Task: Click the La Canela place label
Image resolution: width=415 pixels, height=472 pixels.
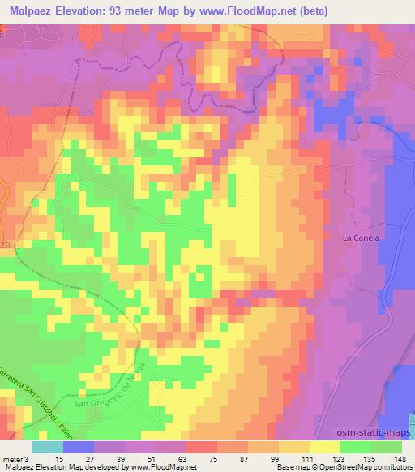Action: coord(362,238)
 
